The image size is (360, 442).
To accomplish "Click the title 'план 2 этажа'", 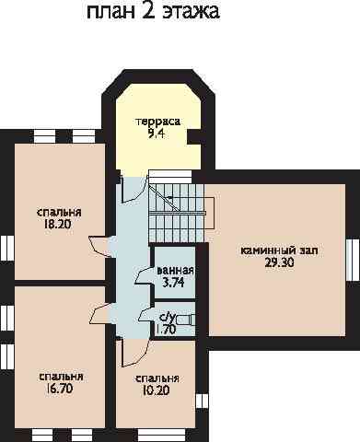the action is (153, 12).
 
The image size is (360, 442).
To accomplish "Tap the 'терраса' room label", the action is (157, 122).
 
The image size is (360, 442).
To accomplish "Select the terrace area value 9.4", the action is (156, 134).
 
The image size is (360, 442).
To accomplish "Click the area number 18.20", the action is (57, 225).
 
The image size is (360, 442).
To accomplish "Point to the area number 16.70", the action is (59, 389).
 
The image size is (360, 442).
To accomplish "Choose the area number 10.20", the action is (156, 390).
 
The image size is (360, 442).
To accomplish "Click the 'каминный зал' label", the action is (279, 250).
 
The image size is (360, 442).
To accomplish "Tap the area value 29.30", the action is (279, 262).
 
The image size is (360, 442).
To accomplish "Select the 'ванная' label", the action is (175, 271).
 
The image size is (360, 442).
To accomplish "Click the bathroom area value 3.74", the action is (174, 283).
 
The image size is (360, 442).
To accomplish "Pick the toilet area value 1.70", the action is (166, 330).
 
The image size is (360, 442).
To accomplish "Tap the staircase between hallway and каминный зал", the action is (177, 210).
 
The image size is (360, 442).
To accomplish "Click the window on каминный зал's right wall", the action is (351, 260).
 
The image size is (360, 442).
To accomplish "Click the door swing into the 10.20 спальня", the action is (135, 353).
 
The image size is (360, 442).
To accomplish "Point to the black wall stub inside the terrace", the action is (194, 136).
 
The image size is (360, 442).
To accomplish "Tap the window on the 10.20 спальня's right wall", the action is (202, 401).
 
